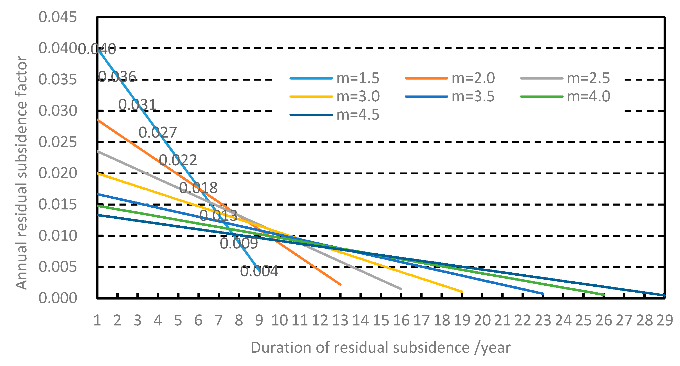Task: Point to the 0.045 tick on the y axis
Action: [57, 17]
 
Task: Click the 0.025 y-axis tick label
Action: [57, 142]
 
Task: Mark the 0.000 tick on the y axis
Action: [57, 298]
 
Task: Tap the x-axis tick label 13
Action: [340, 321]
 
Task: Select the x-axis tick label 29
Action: [665, 321]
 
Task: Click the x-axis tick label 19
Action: [462, 321]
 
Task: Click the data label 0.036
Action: [117, 77]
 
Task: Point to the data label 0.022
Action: [178, 160]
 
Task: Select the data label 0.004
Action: [259, 271]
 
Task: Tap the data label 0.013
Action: [218, 216]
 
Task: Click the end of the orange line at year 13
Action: [340, 284]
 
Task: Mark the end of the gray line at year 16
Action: [401, 289]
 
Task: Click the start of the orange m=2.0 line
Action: [98, 120]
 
